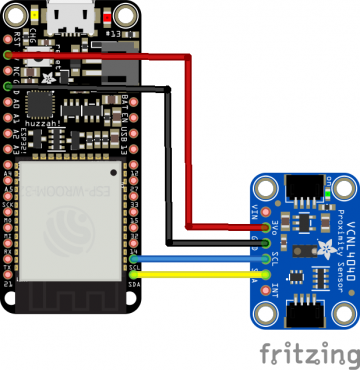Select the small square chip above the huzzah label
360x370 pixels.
coord(40,104)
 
